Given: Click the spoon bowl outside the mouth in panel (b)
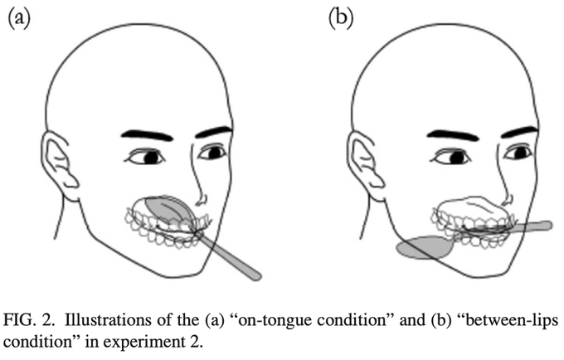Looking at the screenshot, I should point(422,247).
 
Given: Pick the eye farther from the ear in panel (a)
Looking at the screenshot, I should point(213,153).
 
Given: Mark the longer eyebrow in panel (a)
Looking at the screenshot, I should point(148,134).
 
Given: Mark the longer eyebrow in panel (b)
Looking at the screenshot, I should point(453,134).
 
